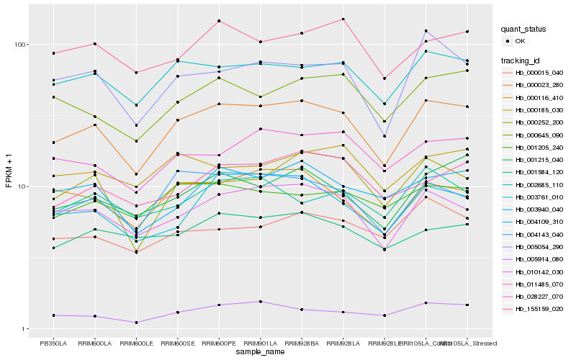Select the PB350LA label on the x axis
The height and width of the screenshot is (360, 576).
click(x=53, y=343)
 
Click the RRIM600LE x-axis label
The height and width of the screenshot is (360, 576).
click(x=137, y=343)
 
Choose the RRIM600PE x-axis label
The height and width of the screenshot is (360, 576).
click(x=219, y=343)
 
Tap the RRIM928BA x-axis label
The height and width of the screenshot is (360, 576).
click(x=302, y=343)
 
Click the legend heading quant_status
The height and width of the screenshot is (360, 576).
click(x=526, y=30)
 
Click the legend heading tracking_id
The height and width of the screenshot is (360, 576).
click(x=523, y=60)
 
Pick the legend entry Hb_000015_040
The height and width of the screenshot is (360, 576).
click(x=539, y=73)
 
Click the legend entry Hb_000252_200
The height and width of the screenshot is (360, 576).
click(x=539, y=122)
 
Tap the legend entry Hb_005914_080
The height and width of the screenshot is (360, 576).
click(x=539, y=259)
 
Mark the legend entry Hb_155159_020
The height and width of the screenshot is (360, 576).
click(x=539, y=309)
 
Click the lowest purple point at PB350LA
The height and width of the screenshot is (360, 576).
click(x=53, y=315)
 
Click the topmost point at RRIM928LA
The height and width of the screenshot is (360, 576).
click(x=343, y=19)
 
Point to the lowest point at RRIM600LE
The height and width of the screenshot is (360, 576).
click(x=137, y=323)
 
